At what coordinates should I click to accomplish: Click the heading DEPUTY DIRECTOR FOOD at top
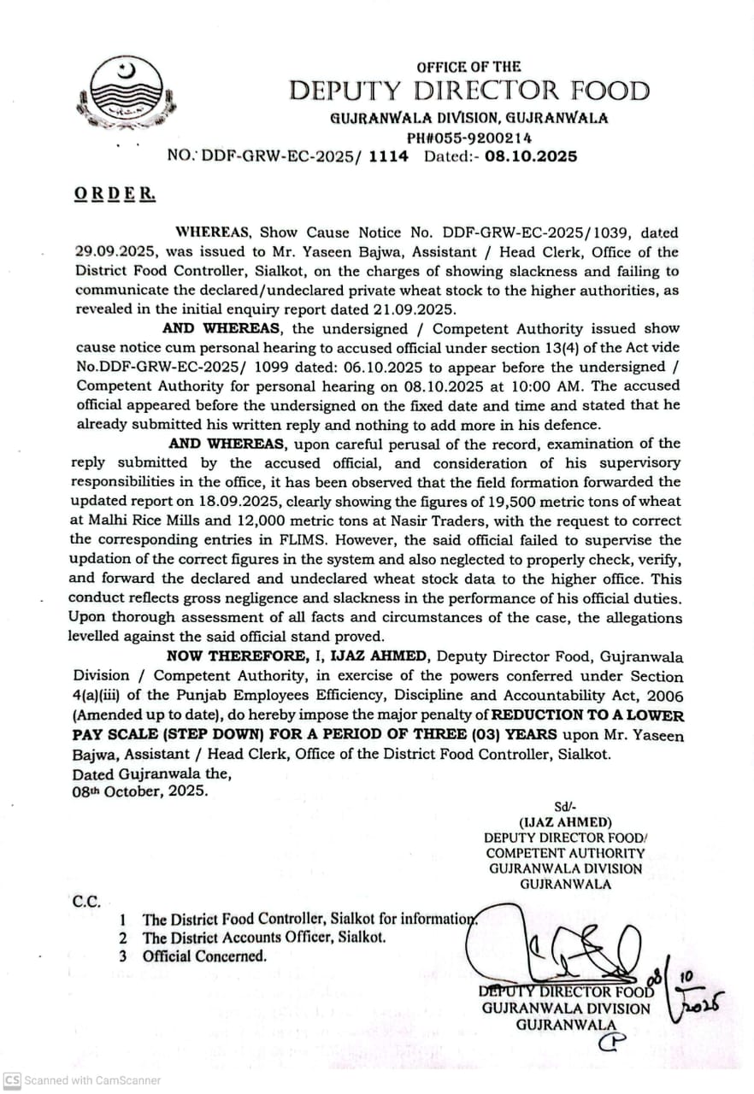pyautogui.click(x=468, y=91)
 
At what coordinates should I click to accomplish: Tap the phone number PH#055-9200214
pyautogui.click(x=469, y=137)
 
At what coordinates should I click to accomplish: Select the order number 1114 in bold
pyautogui.click(x=388, y=156)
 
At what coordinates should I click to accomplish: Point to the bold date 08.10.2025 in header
pyautogui.click(x=530, y=156)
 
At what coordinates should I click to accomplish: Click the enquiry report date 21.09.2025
pyautogui.click(x=415, y=309)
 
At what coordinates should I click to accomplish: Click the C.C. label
pyautogui.click(x=86, y=901)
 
